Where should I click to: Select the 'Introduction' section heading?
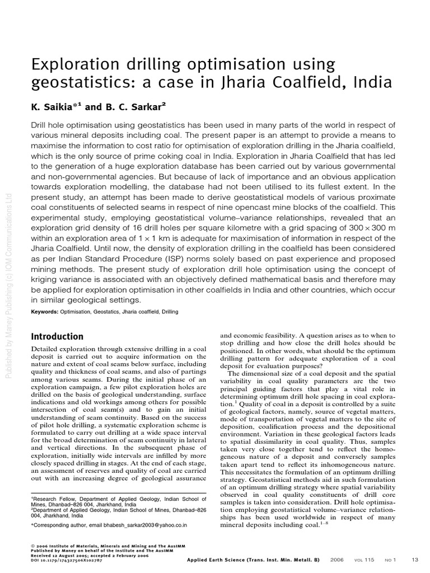[x=57, y=336]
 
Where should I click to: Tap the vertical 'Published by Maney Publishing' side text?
[x=8, y=285]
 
